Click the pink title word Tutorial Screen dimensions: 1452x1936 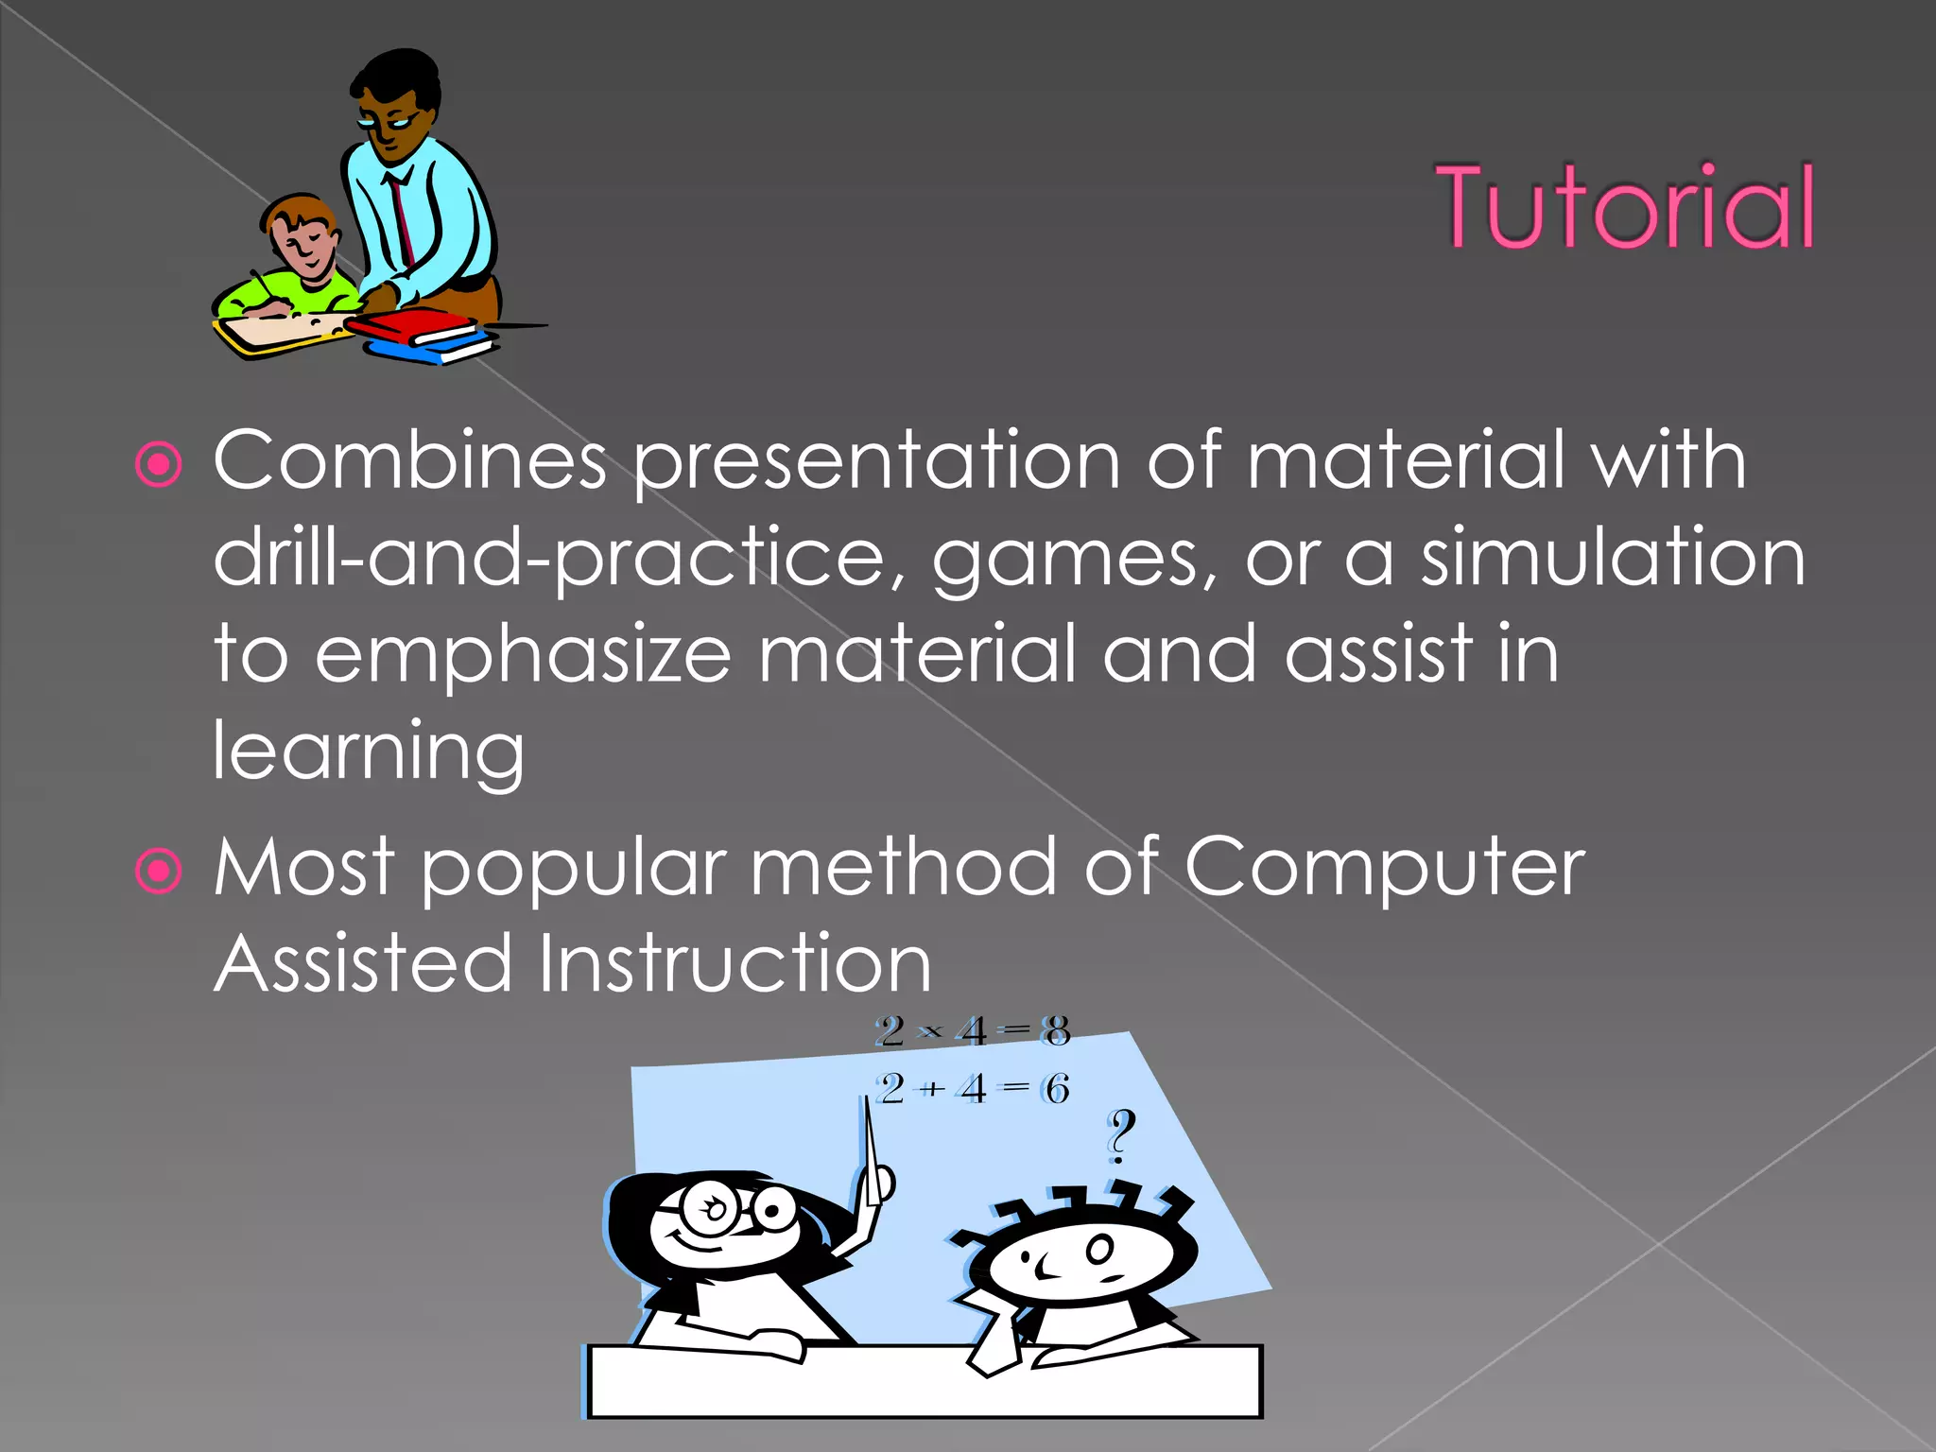tap(1624, 207)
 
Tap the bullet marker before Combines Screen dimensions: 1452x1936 tap(159, 464)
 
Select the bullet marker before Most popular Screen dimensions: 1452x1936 tap(159, 871)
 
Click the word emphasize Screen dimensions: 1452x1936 tap(523, 656)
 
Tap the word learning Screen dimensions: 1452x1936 tap(368, 752)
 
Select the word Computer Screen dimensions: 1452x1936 tap(1384, 868)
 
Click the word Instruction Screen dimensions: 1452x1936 tap(735, 963)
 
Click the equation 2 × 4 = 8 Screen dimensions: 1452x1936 tap(972, 1030)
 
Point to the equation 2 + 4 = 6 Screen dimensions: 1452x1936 tap(972, 1089)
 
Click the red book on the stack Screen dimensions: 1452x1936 tap(416, 327)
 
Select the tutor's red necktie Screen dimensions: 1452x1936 tap(402, 218)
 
